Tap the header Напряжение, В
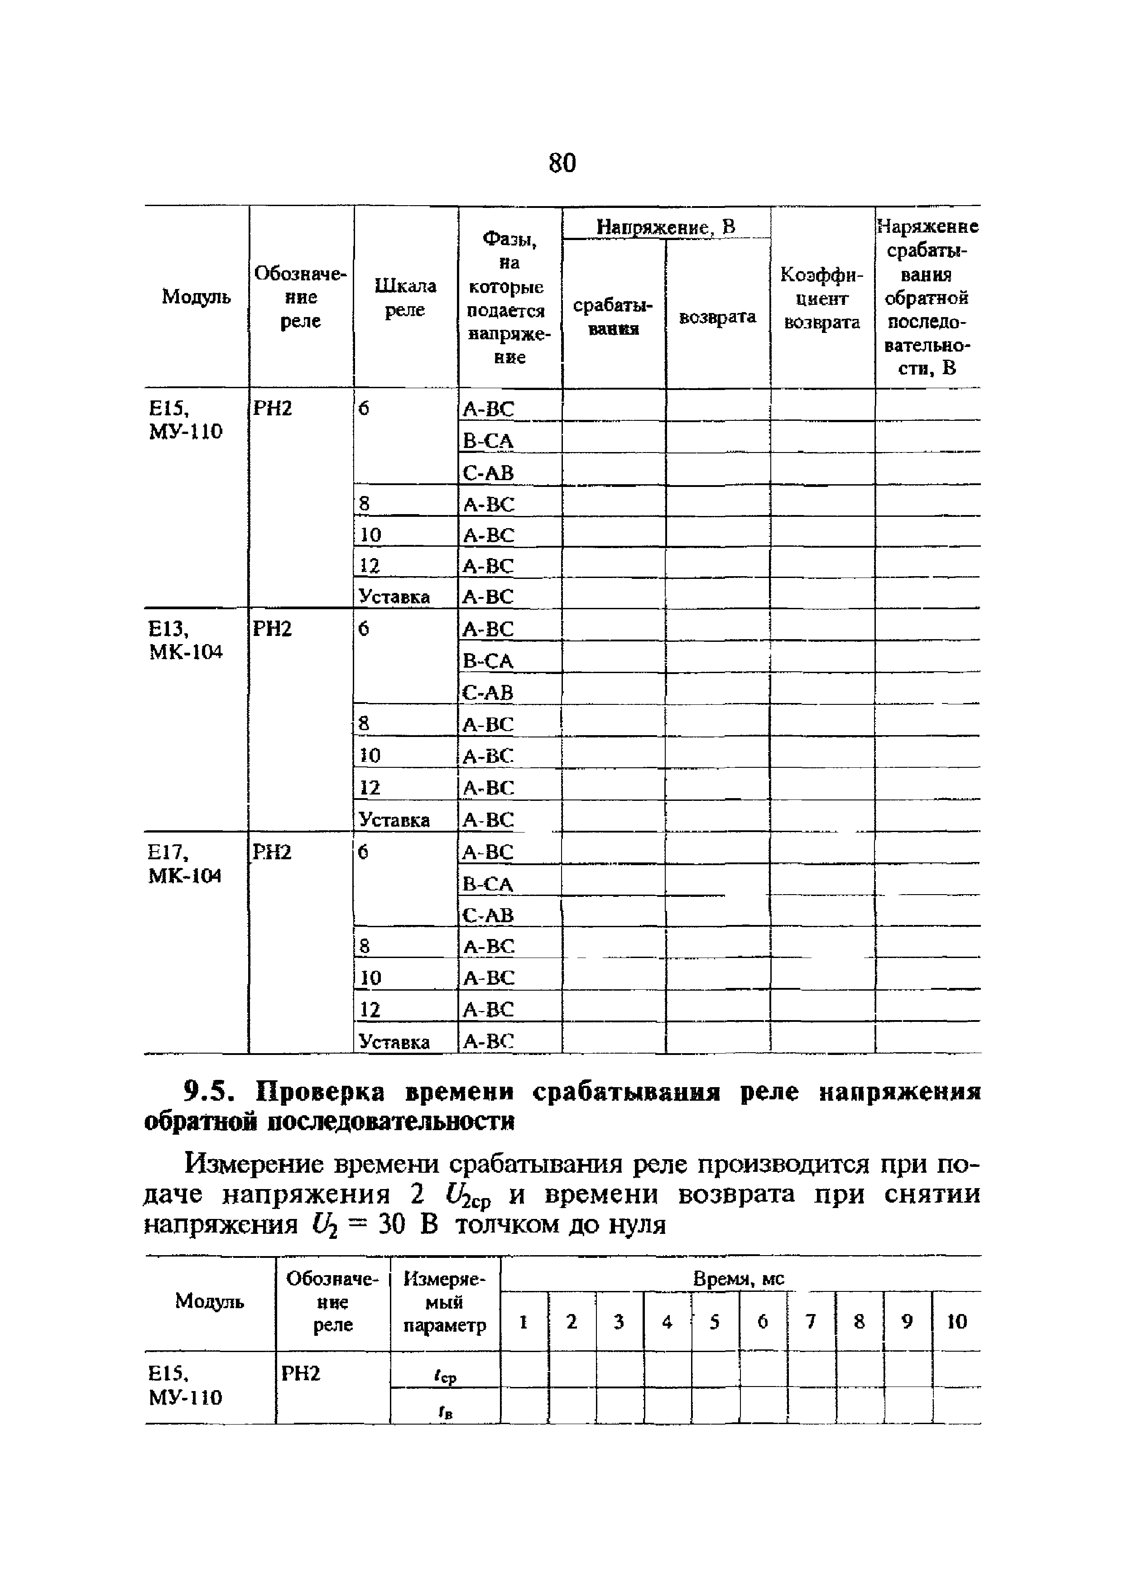tap(665, 226)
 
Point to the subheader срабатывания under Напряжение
tap(613, 317)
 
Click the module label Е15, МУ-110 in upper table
tap(186, 420)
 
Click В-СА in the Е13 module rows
tap(488, 661)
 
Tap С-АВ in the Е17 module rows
tap(488, 915)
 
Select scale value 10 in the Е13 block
tap(370, 755)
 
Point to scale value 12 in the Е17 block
tap(370, 1010)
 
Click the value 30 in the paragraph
tap(391, 1225)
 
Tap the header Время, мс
tap(739, 1279)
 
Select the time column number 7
tap(811, 1322)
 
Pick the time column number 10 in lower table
tap(956, 1322)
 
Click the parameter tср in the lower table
tap(445, 1377)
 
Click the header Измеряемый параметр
tap(445, 1302)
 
